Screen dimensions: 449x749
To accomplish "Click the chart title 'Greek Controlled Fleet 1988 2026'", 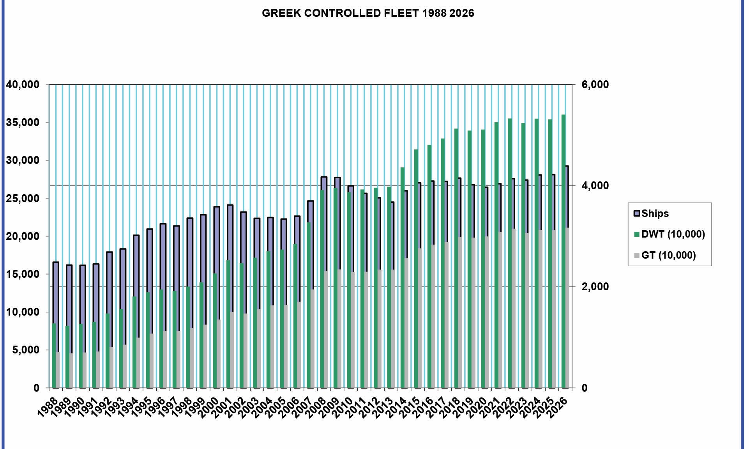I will tap(368, 13).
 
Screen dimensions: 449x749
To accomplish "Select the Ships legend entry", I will tap(655, 213).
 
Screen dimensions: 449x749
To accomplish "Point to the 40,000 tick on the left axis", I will tap(23, 85).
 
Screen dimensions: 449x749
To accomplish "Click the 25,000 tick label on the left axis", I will tap(23, 199).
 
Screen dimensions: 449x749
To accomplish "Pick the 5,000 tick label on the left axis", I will tap(26, 350).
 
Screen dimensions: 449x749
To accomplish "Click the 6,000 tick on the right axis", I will tap(595, 85).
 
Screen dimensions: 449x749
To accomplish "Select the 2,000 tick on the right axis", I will tap(595, 287).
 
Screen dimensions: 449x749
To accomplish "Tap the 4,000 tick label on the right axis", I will tap(595, 186).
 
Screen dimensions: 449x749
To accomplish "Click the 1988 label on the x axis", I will tap(48, 408).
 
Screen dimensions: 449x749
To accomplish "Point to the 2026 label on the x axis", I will tap(558, 408).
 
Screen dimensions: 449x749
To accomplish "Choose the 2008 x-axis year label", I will tap(316, 408).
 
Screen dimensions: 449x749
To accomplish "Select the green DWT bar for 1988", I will tap(54, 355).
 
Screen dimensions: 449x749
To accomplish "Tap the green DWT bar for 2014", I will tap(403, 277).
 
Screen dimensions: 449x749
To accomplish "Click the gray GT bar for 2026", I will tap(567, 308).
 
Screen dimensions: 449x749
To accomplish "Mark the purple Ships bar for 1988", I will tap(56, 293).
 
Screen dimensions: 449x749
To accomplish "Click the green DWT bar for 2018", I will tap(456, 257).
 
